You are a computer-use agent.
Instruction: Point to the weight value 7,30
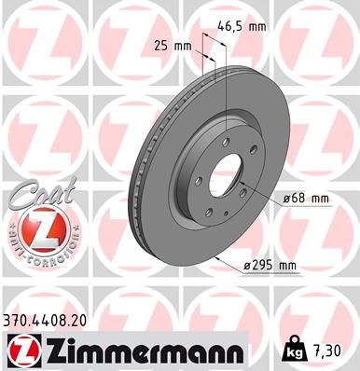tap(325, 349)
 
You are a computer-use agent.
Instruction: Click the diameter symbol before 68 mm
tap(288, 199)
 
